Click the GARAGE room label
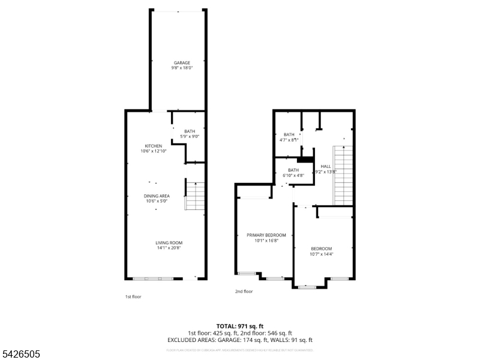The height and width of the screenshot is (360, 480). (x=182, y=62)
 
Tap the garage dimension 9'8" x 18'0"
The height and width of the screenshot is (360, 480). (x=182, y=68)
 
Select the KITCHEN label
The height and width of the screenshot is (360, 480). (x=154, y=146)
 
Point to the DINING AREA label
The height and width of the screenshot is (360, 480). (x=156, y=196)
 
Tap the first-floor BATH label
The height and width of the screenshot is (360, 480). (x=190, y=131)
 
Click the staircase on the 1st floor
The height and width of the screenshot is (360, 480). (x=194, y=195)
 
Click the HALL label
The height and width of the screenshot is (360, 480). (x=326, y=166)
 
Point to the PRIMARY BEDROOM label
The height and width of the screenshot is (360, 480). (x=266, y=235)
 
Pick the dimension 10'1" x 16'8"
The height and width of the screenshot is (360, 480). (x=266, y=240)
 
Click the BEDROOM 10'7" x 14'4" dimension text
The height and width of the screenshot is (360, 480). (x=321, y=254)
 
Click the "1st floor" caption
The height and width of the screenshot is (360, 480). (x=133, y=296)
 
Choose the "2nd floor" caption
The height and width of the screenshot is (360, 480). (x=244, y=292)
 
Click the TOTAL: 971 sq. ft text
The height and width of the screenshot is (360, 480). (x=239, y=326)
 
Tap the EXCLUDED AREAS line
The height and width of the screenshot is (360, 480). (x=239, y=340)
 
